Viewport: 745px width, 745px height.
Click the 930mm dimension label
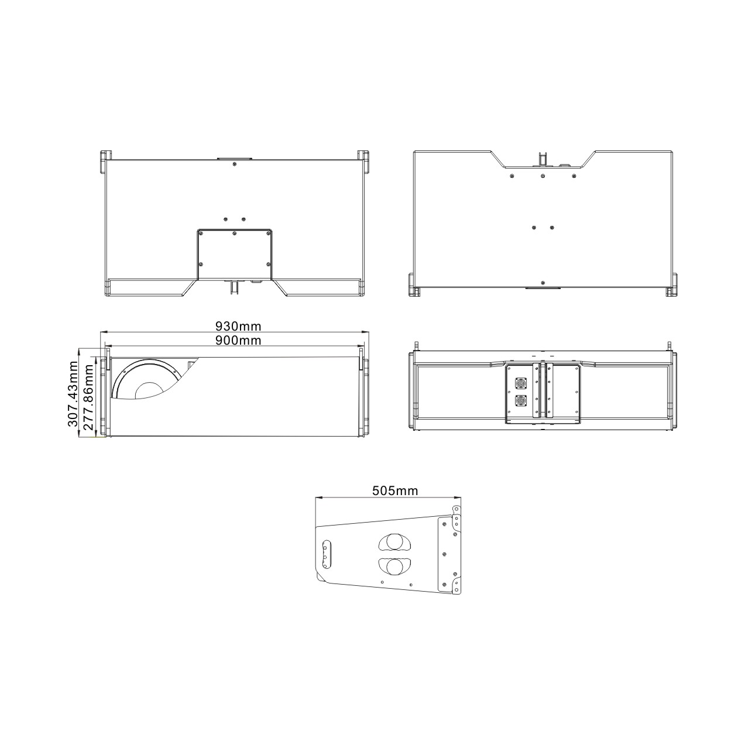[x=238, y=327]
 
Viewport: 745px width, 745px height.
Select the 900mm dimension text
[x=238, y=340]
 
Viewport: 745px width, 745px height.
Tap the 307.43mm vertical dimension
[x=73, y=394]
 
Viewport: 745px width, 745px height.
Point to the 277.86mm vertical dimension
[x=88, y=397]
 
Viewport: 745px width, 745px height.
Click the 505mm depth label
[x=395, y=491]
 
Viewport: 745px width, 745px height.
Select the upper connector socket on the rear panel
[x=520, y=383]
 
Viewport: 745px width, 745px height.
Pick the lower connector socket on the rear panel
[x=520, y=401]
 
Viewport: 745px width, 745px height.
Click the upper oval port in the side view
[x=394, y=542]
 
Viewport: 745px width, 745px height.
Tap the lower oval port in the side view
[x=394, y=567]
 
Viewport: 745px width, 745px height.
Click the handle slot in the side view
[x=327, y=555]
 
